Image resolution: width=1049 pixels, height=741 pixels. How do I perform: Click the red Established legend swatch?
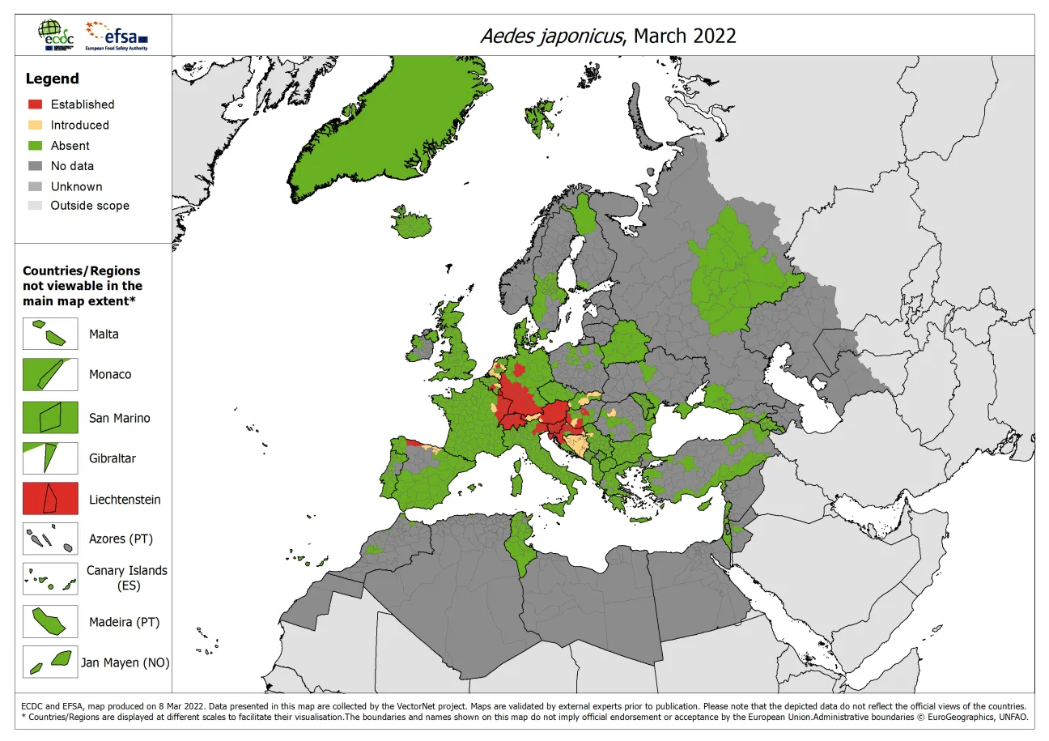coord(36,104)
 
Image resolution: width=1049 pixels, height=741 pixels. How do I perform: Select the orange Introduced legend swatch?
coord(36,125)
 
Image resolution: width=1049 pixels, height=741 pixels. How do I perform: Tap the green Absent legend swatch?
coord(36,146)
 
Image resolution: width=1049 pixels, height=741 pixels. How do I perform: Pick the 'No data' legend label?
coord(72,166)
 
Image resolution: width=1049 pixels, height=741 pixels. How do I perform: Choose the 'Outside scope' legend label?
coord(90,206)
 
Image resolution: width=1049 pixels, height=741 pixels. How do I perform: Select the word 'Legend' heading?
coord(52,79)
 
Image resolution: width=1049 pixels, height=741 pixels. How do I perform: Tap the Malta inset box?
coord(50,334)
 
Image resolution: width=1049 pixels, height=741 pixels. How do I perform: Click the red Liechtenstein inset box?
coord(50,499)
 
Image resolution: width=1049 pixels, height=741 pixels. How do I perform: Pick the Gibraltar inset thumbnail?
coord(50,458)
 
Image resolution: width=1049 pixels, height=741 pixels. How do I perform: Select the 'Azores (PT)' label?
coord(121,539)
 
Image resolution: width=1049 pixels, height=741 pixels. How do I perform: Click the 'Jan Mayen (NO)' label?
coord(125,662)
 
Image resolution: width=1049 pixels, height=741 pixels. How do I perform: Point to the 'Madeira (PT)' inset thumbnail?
coord(50,622)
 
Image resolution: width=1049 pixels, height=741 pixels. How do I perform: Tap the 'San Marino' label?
coord(120,418)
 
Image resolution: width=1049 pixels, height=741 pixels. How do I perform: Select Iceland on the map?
coord(422,222)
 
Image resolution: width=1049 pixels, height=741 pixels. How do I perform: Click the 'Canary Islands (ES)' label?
coord(127,577)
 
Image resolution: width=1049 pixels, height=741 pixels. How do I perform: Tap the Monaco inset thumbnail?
coord(50,374)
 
